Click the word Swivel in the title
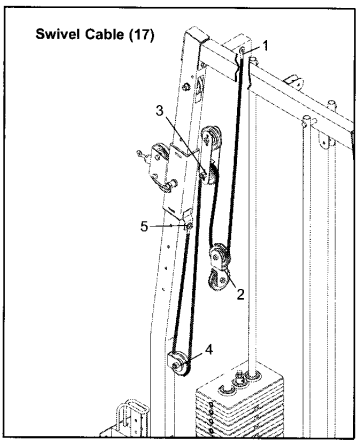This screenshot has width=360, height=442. pyautogui.click(x=56, y=36)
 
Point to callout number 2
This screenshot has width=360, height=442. pyautogui.click(x=238, y=293)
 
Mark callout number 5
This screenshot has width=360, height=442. pyautogui.click(x=146, y=226)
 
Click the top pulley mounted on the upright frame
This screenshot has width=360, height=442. pyautogui.click(x=211, y=139)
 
